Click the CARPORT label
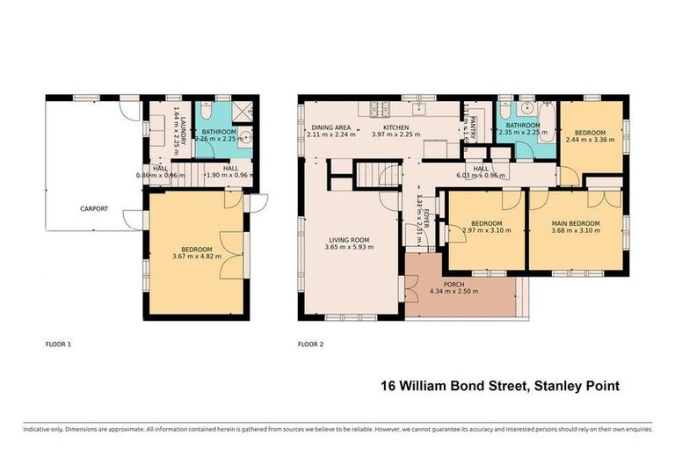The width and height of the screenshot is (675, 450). pos(94,208)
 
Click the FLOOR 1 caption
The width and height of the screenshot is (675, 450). pos(58,344)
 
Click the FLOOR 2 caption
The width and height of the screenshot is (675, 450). pos(311,344)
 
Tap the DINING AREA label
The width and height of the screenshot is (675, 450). pos(331,127)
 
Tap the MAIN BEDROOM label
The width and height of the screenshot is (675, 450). pos(576,222)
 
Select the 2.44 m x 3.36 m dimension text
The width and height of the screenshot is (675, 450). pos(589,139)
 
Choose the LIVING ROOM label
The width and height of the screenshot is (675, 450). pos(349,239)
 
